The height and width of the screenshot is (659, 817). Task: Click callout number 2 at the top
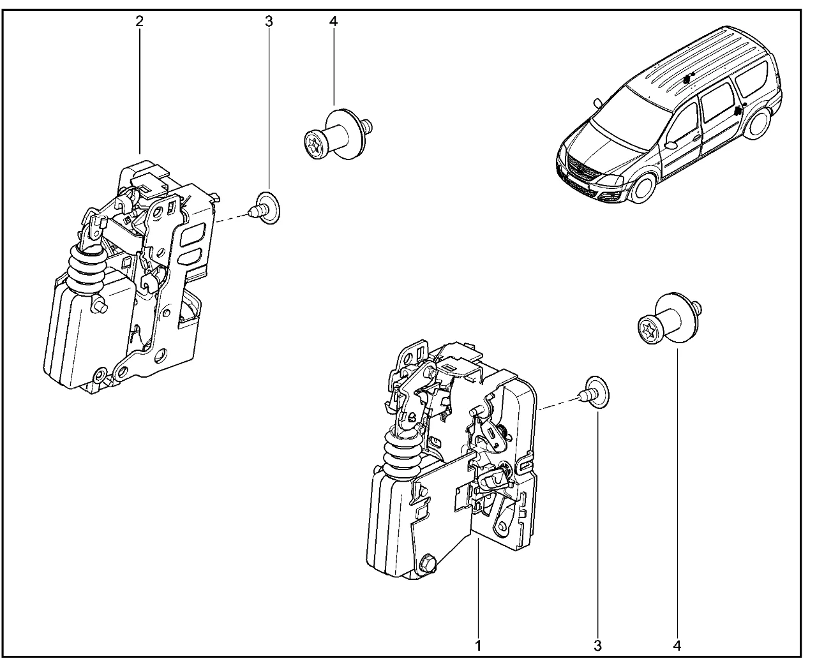(139, 22)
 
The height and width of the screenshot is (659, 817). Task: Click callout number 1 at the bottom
(478, 646)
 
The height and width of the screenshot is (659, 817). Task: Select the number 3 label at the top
(269, 22)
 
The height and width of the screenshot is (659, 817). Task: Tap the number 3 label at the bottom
(597, 646)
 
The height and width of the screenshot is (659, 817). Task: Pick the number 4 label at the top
(333, 22)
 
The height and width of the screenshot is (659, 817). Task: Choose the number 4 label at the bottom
(677, 646)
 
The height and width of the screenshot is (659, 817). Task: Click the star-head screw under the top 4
(338, 134)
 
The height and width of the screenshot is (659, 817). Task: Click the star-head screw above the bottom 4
(670, 318)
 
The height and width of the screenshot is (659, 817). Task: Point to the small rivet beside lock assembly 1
(594, 392)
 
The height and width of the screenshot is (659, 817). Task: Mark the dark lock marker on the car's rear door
(738, 109)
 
